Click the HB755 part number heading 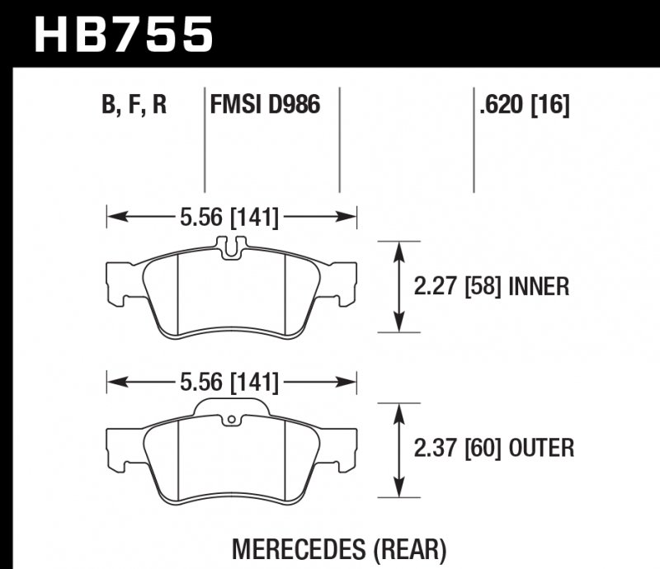(x=123, y=35)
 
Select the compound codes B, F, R (x=134, y=106)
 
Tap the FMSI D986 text (x=265, y=106)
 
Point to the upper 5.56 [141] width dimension (x=229, y=218)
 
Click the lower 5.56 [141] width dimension (x=229, y=383)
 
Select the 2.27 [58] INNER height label (x=490, y=287)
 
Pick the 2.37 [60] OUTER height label (x=493, y=449)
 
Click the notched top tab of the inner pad (x=233, y=244)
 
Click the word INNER (x=540, y=287)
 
